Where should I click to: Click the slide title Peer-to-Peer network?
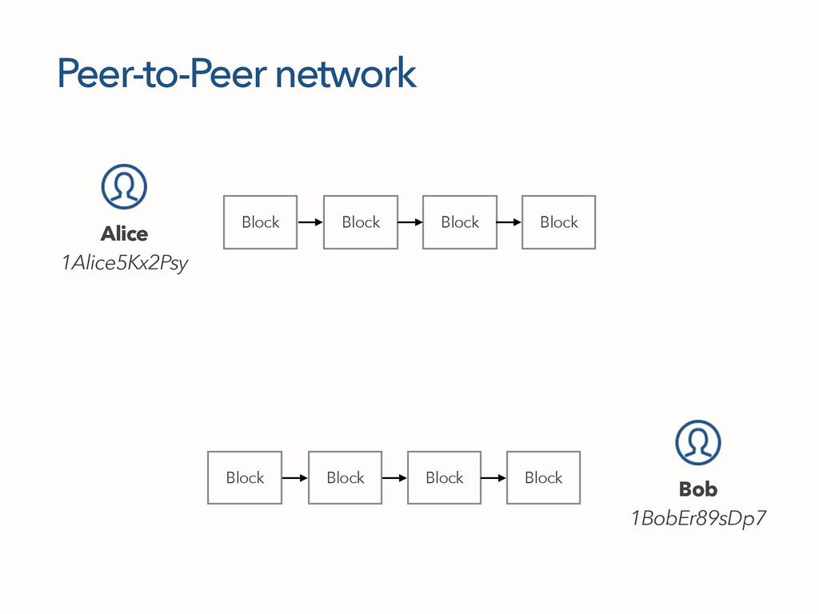pyautogui.click(x=237, y=74)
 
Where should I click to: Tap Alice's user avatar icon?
pyautogui.click(x=124, y=186)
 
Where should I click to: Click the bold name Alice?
pyautogui.click(x=124, y=233)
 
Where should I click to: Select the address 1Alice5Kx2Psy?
pyautogui.click(x=125, y=263)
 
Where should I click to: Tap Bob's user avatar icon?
pyautogui.click(x=697, y=442)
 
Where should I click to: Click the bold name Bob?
pyautogui.click(x=697, y=488)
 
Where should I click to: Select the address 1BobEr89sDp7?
pyautogui.click(x=698, y=519)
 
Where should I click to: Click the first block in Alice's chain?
pyautogui.click(x=260, y=222)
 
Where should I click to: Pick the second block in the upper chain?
pyautogui.click(x=360, y=222)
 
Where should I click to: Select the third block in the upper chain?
pyautogui.click(x=459, y=222)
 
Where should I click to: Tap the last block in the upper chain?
pyautogui.click(x=558, y=222)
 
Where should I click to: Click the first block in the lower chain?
pyautogui.click(x=244, y=477)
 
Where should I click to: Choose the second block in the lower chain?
pyautogui.click(x=345, y=477)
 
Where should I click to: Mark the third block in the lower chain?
pyautogui.click(x=444, y=477)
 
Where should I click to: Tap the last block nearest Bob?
pyautogui.click(x=543, y=477)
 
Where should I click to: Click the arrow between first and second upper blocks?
pyautogui.click(x=310, y=222)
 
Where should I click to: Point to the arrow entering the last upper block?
pyautogui.click(x=509, y=222)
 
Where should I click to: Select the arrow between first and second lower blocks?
pyautogui.click(x=295, y=478)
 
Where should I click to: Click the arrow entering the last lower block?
pyautogui.click(x=493, y=478)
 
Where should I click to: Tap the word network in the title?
pyautogui.click(x=345, y=74)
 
